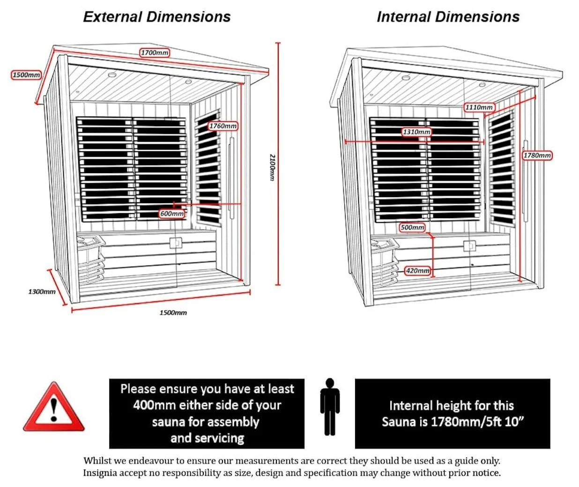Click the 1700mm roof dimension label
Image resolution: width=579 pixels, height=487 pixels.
[x=155, y=53]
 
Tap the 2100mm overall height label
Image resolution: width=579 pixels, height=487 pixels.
[x=271, y=167]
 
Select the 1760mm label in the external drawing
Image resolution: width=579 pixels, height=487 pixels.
[x=223, y=126]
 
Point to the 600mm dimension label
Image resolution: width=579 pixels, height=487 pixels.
[x=172, y=213]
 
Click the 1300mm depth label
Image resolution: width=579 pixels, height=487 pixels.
[x=42, y=291]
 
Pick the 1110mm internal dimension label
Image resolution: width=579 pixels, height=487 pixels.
[x=479, y=107]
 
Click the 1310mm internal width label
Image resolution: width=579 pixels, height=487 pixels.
[x=416, y=132]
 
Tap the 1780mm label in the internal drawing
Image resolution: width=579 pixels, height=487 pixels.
[x=537, y=155]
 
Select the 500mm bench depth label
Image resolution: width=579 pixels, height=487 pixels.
[x=412, y=228]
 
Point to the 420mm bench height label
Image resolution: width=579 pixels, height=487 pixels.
[x=417, y=271]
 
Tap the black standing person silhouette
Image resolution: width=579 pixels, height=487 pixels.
[x=330, y=406]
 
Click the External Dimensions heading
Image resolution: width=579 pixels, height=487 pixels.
[x=157, y=17]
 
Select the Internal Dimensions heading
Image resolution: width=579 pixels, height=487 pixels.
[x=448, y=17]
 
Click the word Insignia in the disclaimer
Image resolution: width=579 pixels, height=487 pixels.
[x=100, y=472]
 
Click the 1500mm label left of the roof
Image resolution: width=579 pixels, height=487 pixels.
[x=26, y=75]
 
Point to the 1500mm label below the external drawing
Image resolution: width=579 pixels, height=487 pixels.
[x=173, y=312]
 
